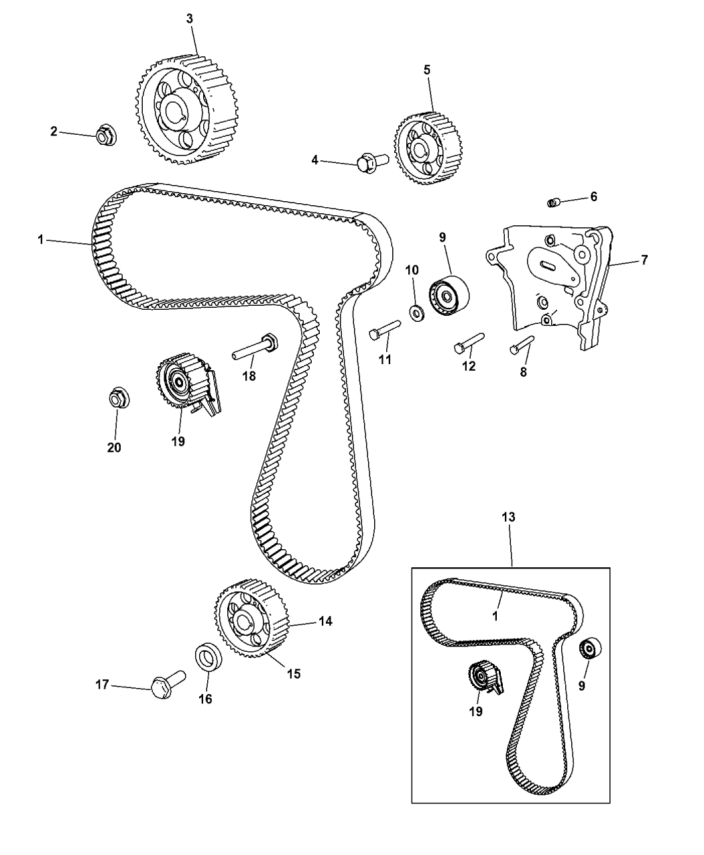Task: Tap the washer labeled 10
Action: pos(416,311)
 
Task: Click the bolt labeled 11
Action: pos(384,331)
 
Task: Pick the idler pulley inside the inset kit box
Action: pos(590,649)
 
